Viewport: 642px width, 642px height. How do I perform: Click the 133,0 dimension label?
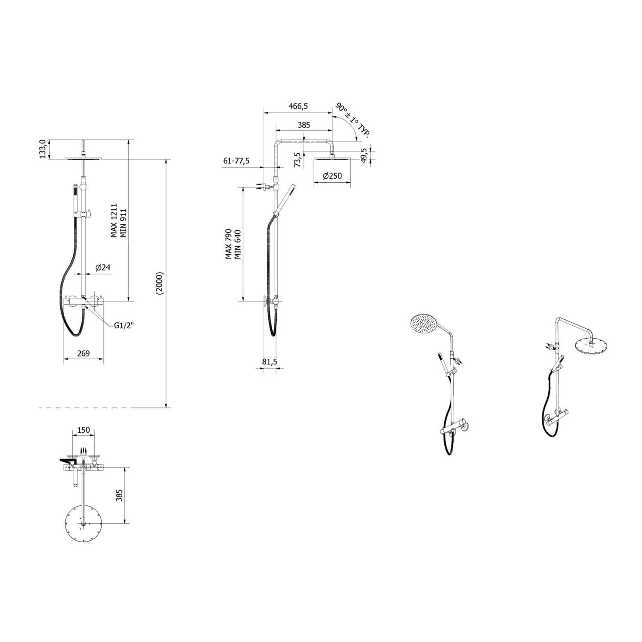tap(42, 149)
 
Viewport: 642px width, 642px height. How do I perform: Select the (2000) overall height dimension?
tap(160, 283)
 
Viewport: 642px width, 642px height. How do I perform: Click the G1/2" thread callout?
tap(124, 326)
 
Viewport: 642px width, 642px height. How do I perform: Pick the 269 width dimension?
tap(83, 354)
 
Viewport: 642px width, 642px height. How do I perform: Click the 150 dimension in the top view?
tap(84, 430)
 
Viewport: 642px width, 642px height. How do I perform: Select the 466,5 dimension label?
tap(298, 106)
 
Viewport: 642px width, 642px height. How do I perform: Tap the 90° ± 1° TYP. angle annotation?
tap(353, 120)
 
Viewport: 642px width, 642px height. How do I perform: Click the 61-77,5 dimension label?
tap(236, 161)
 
